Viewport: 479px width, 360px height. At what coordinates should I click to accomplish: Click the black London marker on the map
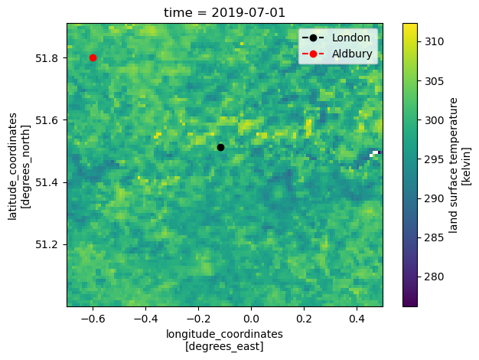click(220, 147)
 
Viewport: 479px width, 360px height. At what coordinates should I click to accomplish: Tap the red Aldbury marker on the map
click(93, 57)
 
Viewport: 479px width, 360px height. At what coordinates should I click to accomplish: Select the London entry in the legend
click(351, 38)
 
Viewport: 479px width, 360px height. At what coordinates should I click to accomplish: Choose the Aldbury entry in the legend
click(351, 54)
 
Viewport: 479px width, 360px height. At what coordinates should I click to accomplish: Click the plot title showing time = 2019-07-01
click(224, 12)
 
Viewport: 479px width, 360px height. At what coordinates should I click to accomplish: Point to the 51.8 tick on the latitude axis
click(51, 58)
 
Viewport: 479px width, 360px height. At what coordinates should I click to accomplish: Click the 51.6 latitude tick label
click(51, 120)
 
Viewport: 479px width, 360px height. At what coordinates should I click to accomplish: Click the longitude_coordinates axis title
click(224, 340)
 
